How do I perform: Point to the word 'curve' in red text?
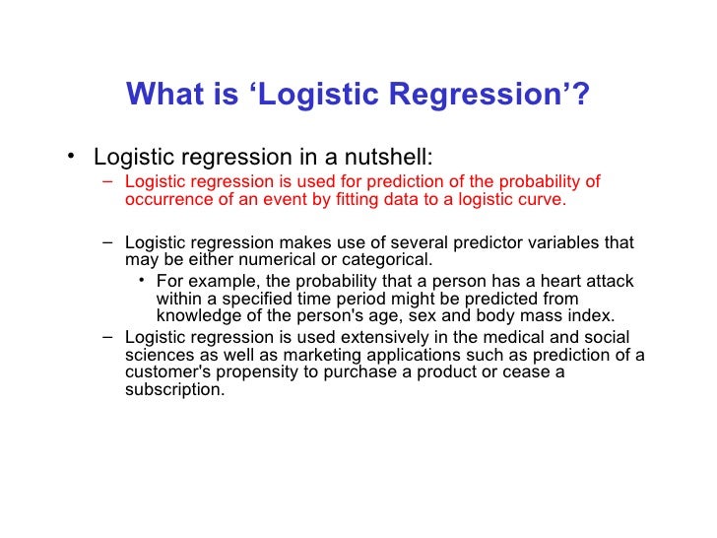tap(544, 199)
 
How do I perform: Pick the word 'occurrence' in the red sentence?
tap(164, 199)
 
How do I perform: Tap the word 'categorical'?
tap(384, 260)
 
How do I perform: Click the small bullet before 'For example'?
tap(143, 281)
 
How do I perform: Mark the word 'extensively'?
tap(380, 337)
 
